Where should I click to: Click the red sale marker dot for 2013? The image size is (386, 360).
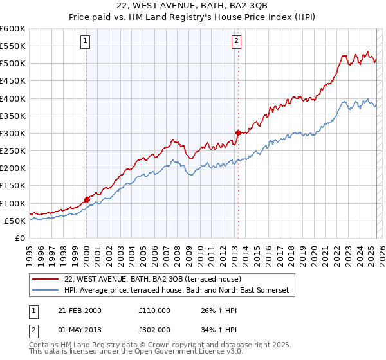click(237, 132)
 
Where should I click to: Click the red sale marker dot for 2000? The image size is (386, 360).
click(87, 199)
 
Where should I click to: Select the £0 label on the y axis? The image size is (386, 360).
click(20, 238)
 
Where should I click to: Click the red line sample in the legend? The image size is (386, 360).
click(46, 279)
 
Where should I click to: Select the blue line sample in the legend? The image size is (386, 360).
click(46, 291)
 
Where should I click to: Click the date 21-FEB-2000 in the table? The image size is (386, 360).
click(78, 310)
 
